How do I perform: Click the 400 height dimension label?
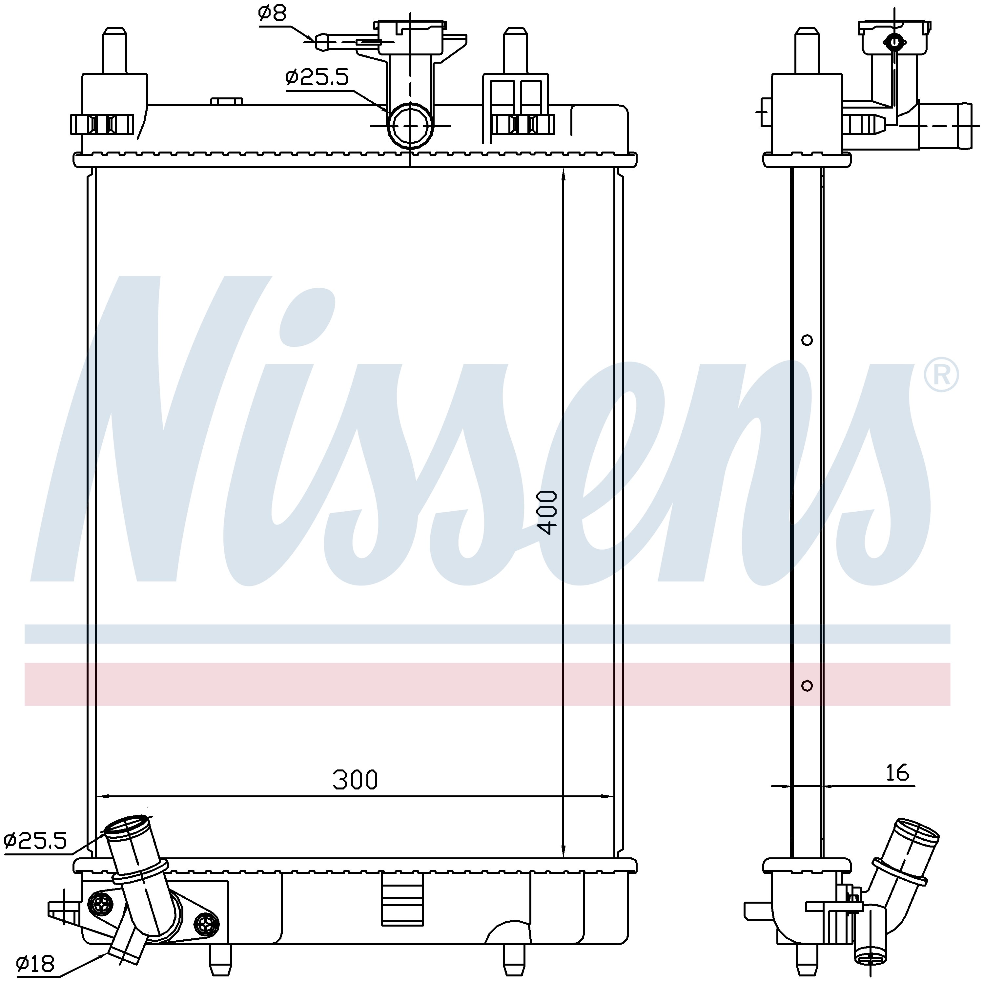pos(547,512)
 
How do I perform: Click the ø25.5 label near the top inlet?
pos(317,77)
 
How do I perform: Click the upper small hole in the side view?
pos(807,340)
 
